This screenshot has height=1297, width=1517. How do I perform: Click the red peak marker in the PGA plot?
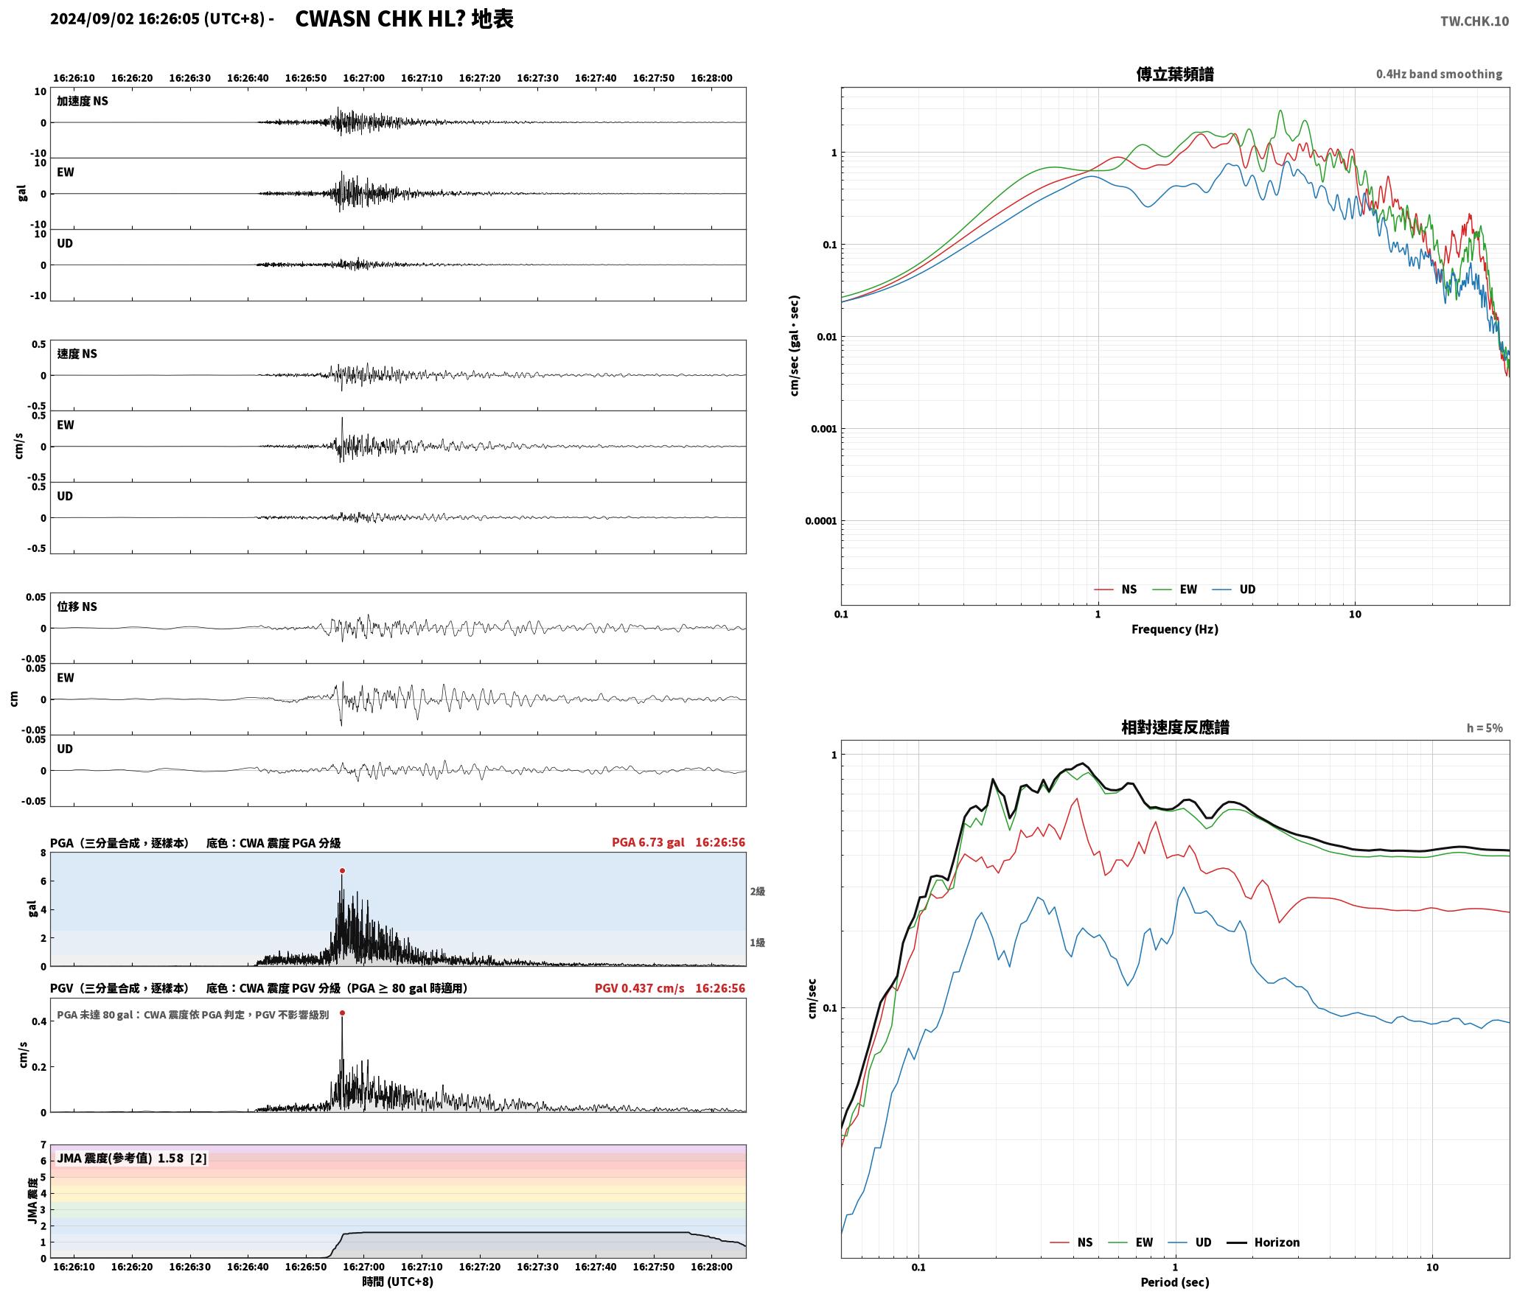click(x=342, y=871)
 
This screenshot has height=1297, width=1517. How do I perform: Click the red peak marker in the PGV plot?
click(x=342, y=1013)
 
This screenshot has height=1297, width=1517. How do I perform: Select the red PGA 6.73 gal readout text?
click(x=648, y=842)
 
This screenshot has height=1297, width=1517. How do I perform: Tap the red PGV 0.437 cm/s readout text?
click(x=639, y=988)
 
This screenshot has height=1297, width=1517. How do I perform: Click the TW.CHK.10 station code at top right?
click(x=1474, y=21)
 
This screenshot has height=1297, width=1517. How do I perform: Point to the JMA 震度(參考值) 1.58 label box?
click(x=131, y=1158)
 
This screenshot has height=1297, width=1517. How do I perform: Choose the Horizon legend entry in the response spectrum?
click(x=1263, y=1242)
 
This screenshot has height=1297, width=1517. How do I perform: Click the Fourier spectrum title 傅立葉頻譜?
click(x=1175, y=74)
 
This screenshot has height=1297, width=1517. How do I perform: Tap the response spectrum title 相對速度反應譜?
click(x=1175, y=727)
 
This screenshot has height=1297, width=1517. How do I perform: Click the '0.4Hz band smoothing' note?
click(x=1439, y=74)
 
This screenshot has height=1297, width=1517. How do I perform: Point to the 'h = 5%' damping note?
click(x=1484, y=728)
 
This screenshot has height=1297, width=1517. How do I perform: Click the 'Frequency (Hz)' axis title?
click(x=1175, y=629)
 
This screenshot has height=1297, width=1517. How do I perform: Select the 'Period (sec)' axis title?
click(x=1175, y=1282)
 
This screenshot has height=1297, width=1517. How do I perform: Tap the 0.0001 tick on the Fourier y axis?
click(x=820, y=521)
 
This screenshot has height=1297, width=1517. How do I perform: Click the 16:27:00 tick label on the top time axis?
click(x=364, y=78)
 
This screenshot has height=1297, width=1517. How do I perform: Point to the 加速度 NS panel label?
click(x=83, y=101)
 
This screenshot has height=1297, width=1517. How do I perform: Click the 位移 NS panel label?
click(x=77, y=606)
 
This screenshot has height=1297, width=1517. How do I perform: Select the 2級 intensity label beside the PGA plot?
click(x=758, y=892)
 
